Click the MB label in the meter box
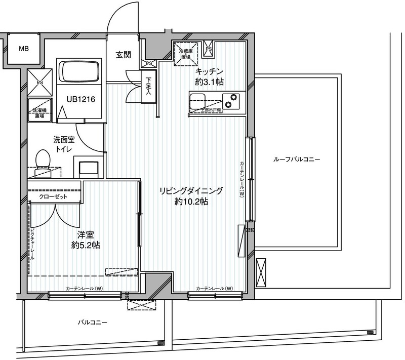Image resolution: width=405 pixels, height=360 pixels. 24,49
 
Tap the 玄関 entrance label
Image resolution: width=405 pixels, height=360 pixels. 123,55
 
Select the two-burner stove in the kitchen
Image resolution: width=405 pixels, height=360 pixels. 232,101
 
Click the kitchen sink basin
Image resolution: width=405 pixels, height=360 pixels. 197,100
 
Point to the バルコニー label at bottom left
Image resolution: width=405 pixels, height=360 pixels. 93,323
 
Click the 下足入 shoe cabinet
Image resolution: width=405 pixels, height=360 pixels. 148,87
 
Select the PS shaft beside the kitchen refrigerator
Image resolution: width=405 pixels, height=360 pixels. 209,49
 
